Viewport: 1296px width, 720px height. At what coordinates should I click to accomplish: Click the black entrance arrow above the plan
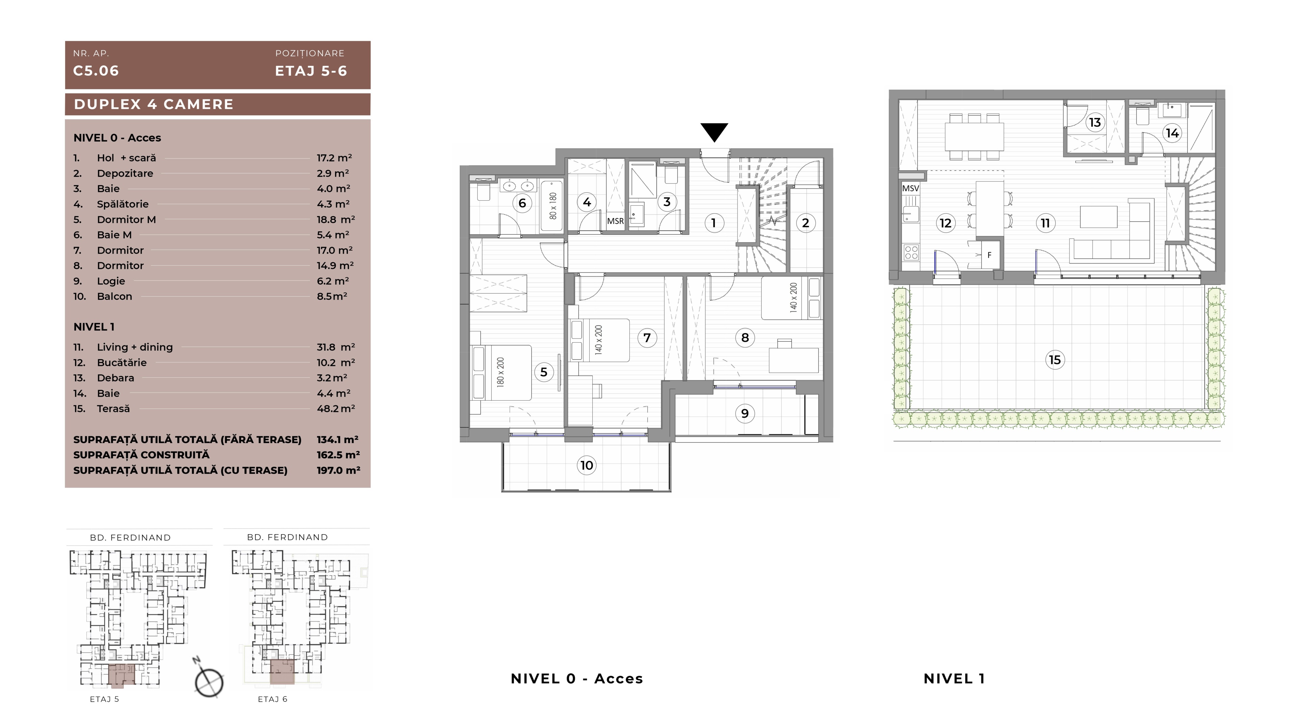point(714,132)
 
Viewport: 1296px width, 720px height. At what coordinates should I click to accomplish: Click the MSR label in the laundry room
point(615,221)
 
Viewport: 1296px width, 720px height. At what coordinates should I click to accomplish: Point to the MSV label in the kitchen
point(911,189)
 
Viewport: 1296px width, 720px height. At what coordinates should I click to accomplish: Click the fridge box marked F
point(990,255)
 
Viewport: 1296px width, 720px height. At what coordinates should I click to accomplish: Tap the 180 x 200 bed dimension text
point(500,372)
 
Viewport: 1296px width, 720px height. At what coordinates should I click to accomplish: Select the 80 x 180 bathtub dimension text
point(553,206)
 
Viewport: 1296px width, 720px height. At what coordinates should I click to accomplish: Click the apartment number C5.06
point(96,71)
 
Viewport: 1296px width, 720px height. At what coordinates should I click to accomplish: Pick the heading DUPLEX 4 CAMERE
point(154,104)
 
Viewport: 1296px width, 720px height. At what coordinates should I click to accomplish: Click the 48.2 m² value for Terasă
point(335,408)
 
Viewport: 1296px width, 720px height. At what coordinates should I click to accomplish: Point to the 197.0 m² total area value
point(338,470)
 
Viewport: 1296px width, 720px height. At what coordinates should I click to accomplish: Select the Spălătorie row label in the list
point(123,204)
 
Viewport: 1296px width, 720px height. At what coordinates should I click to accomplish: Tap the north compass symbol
point(209,681)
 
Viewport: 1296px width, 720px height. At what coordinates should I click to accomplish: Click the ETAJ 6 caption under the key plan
point(272,699)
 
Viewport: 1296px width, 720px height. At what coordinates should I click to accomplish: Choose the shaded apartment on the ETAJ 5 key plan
point(122,675)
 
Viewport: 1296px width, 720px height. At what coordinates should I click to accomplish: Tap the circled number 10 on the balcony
point(587,465)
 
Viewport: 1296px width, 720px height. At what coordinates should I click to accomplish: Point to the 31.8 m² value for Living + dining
point(335,347)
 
